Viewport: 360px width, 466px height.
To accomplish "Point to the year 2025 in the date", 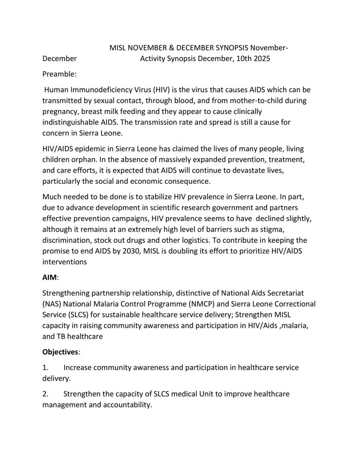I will [261, 59].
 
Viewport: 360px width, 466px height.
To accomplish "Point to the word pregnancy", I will [62, 112].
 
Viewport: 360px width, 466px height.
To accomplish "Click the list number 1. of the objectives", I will [45, 368].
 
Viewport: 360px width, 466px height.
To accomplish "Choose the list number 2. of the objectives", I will [45, 394].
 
